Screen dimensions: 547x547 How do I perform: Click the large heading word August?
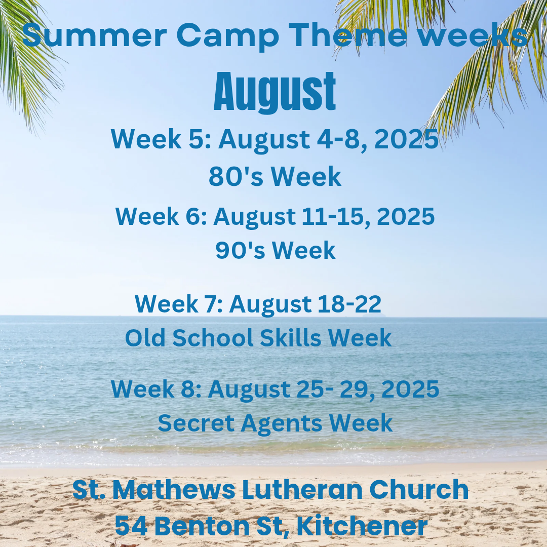[275, 92]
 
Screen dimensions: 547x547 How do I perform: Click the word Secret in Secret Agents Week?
[196, 423]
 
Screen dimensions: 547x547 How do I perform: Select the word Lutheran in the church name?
[302, 490]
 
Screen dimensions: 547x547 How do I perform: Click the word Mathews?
[173, 490]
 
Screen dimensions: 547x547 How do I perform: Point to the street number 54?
[131, 526]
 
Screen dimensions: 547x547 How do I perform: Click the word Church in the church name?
[419, 490]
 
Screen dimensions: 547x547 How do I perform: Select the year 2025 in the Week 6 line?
[405, 217]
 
